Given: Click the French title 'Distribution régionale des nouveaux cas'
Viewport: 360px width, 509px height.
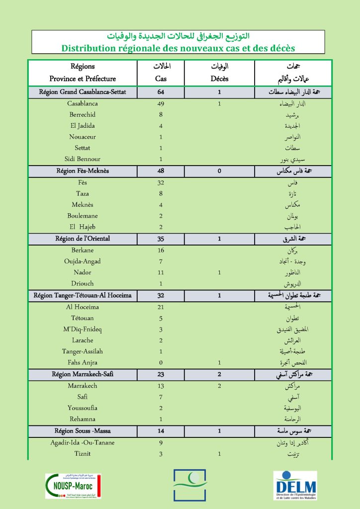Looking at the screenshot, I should coord(178,48).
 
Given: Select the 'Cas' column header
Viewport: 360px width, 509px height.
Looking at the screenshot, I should coord(161,79).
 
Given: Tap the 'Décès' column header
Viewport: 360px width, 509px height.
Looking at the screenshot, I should coord(219,79).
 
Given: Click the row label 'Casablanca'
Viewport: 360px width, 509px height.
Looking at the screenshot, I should coord(83,104).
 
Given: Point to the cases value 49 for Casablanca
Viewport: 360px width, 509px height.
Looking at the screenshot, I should coord(161,104).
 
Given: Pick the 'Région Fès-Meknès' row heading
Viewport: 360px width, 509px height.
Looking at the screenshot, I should coord(83,170).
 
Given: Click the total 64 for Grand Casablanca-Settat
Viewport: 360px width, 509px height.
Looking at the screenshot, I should coord(161,92).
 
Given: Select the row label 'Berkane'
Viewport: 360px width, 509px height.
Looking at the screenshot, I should coord(83,251).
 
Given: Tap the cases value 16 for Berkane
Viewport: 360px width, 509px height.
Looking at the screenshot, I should coord(161,251).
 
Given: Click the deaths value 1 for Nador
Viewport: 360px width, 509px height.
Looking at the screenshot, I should coord(219,272).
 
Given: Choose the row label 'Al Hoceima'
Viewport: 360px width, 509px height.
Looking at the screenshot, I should coord(83,307).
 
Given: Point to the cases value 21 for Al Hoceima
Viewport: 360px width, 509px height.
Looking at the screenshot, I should coord(161,307).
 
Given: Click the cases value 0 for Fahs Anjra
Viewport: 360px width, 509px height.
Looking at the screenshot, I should coord(161,363).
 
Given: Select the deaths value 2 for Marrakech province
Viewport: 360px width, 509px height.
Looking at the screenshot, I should coord(219,386).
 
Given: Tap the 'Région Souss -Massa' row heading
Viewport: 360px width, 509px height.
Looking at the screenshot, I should coord(83,431).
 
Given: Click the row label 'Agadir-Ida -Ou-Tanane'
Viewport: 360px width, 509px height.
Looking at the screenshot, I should coord(83,442).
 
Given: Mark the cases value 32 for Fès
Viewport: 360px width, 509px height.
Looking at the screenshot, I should coord(161,182).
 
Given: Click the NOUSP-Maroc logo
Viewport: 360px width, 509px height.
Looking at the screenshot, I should coord(73,486).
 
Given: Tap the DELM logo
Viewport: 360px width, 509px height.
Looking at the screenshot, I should coord(295,486).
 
